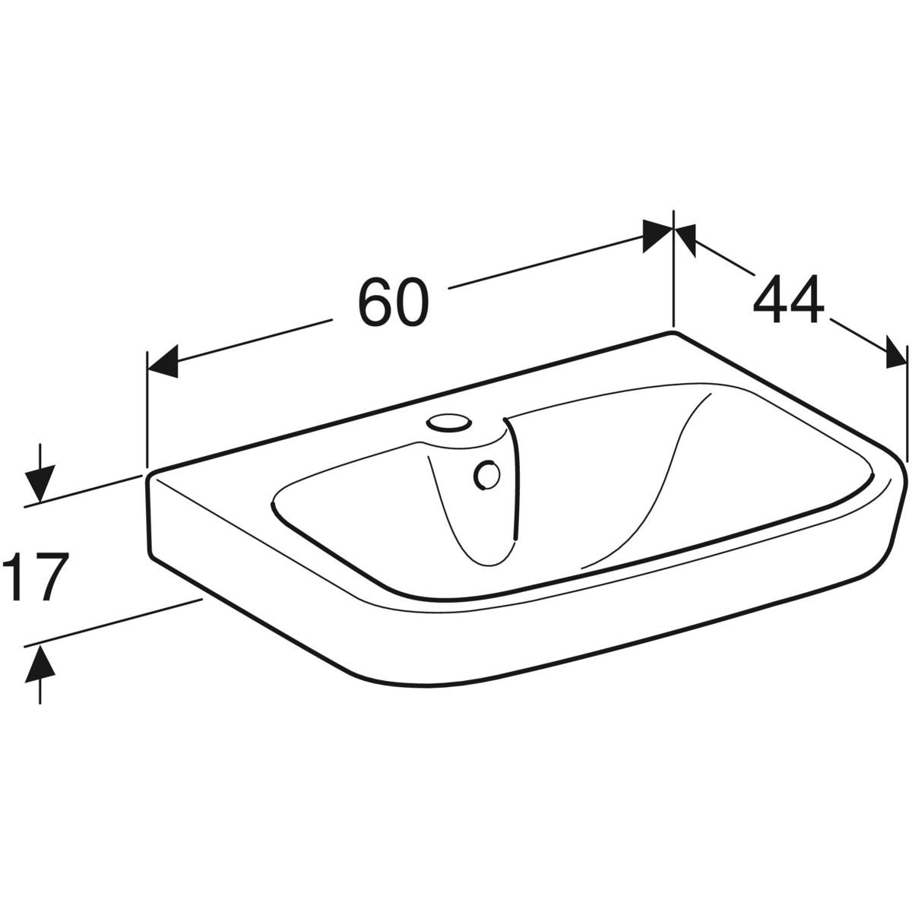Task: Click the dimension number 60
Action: coord(394,302)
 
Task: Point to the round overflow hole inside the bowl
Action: coord(486,476)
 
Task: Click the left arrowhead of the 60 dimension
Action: coord(162,359)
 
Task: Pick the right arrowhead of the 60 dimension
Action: coord(657,236)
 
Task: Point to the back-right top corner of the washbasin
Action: coord(672,334)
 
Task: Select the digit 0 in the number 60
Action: coord(413,302)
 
